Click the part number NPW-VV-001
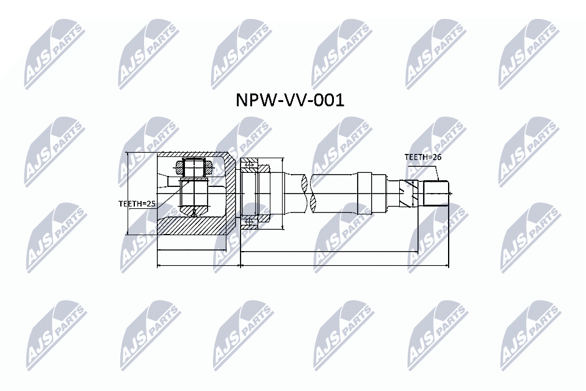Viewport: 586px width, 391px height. pos(290,100)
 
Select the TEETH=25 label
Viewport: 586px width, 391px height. pos(137,204)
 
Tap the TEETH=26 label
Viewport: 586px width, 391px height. pos(422,157)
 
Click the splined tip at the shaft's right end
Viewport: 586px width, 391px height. pos(436,193)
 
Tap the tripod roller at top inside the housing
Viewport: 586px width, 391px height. pos(195,166)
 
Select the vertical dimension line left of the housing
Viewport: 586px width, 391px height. pos(126,193)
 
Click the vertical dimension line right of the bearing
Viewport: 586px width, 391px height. pos(284,193)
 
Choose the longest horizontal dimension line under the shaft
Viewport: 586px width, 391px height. pos(344,266)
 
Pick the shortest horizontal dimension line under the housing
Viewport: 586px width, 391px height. pos(192,250)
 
